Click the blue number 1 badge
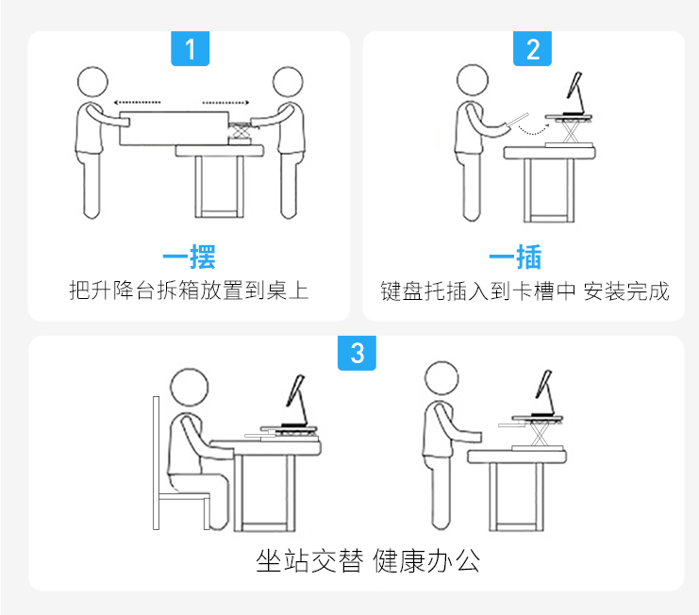pos(191,48)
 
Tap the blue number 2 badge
pos(532,48)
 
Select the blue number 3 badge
pos(357,353)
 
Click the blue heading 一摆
pos(189,257)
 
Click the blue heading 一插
pos(515,257)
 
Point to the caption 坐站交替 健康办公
pos(368,560)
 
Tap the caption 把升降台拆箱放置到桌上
pos(189,291)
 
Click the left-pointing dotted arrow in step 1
pos(138,103)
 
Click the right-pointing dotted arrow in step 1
pos(226,103)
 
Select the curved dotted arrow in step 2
pos(534,131)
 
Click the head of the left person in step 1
pos(92,82)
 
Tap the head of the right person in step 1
pos(288,82)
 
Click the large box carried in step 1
pos(175,128)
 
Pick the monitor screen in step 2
pos(574,85)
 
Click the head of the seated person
pos(190,387)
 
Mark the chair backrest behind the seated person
pos(156,462)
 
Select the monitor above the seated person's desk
pos(294,390)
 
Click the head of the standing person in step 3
pos(441,378)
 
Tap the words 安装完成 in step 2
pos(626,291)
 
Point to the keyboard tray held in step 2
pos(517,120)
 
